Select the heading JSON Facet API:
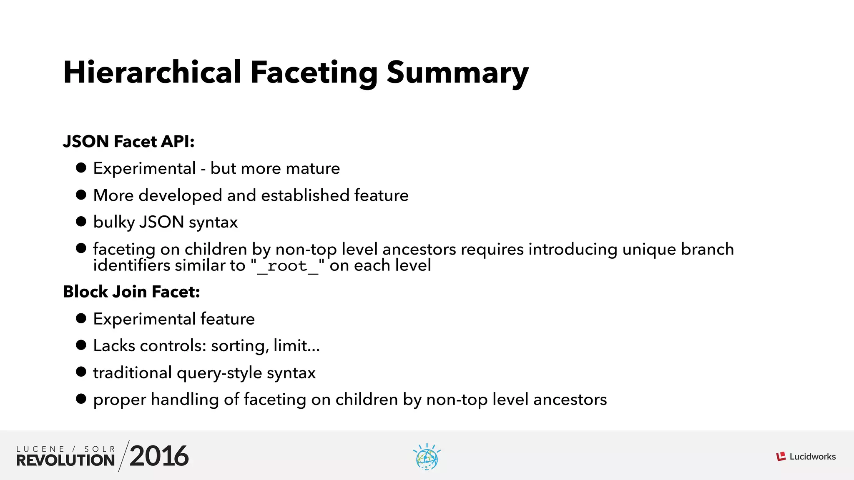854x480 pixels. tap(129, 142)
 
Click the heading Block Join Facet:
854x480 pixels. tap(131, 292)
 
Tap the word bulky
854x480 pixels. tap(113, 222)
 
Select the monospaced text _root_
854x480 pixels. tap(288, 265)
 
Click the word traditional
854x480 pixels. tap(132, 372)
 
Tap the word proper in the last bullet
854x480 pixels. tap(120, 400)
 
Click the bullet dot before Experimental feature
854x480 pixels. tap(81, 319)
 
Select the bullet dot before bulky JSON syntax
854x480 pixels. tap(81, 222)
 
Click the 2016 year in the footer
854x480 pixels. tap(159, 456)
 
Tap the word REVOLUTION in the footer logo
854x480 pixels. tap(65, 460)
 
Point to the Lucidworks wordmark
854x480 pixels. tap(812, 457)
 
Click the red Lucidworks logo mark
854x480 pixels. tap(781, 457)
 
